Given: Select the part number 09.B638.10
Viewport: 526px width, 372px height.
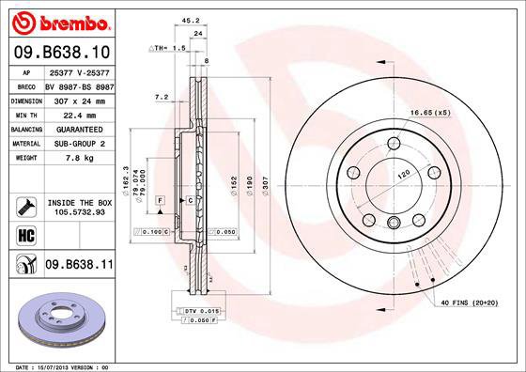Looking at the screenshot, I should click(x=62, y=52).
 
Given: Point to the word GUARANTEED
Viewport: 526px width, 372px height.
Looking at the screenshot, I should click(x=80, y=129).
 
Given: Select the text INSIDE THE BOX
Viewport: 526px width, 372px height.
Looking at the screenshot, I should click(x=80, y=202).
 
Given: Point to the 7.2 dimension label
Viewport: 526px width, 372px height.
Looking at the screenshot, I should click(x=161, y=96).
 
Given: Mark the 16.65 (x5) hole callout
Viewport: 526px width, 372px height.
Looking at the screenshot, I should click(x=429, y=113).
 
